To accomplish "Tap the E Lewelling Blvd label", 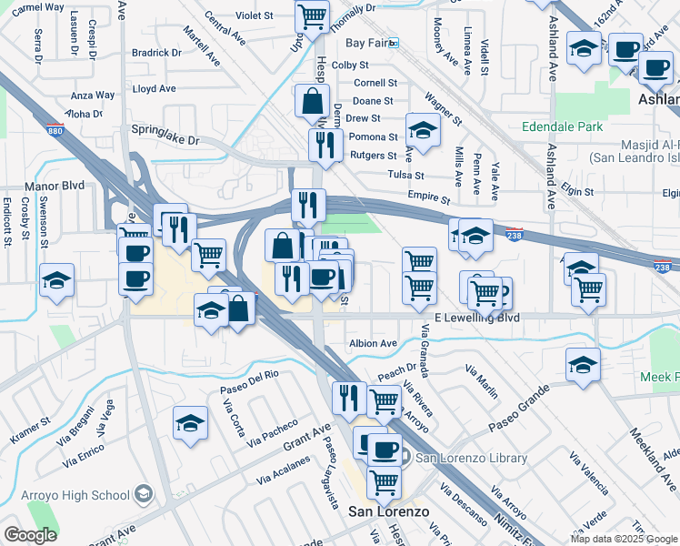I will [x=477, y=318].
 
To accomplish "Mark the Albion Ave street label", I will [x=373, y=343].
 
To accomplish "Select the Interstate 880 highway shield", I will [x=55, y=130].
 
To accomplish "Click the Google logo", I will [x=30, y=535].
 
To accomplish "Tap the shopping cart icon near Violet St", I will [x=312, y=16].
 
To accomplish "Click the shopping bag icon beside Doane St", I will [x=312, y=102].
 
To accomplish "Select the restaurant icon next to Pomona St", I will [x=325, y=144].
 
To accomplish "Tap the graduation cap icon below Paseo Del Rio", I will [x=190, y=423].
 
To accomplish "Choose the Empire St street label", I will [x=430, y=197].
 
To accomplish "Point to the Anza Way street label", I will [x=93, y=95].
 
